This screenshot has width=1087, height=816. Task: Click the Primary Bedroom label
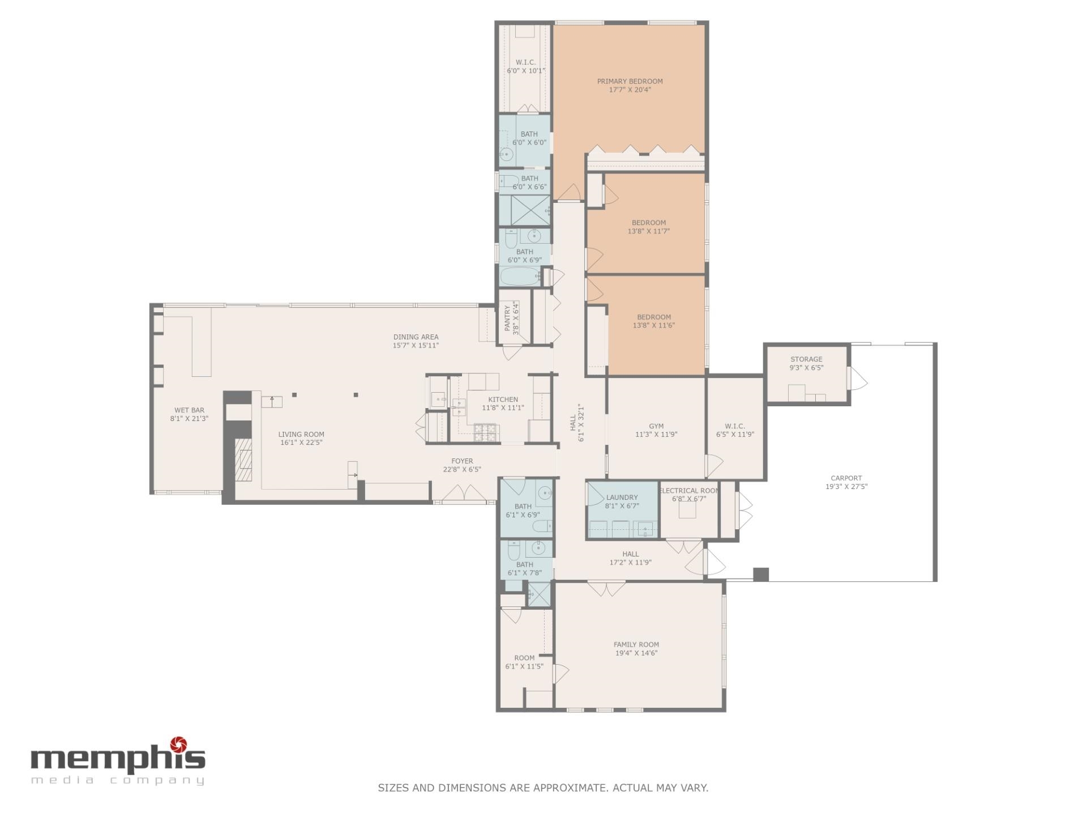[x=630, y=81]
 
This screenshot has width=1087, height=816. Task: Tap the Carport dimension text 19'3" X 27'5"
[x=846, y=486]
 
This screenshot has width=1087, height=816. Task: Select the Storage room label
[x=806, y=359]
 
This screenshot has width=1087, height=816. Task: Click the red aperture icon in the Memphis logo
[x=179, y=743]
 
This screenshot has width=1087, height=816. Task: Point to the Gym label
[x=656, y=426]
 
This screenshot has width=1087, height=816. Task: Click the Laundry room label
[x=622, y=498]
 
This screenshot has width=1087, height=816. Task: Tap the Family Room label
[x=636, y=644]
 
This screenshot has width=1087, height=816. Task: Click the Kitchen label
[x=503, y=399]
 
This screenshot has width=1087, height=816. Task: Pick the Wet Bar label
[x=189, y=410]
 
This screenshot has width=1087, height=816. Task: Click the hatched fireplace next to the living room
[x=244, y=459]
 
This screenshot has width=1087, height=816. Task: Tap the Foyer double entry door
[x=464, y=494]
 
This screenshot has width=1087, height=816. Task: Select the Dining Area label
[x=416, y=337]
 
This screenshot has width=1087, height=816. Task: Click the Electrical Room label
[x=689, y=491]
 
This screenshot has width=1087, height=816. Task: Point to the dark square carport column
[x=761, y=574]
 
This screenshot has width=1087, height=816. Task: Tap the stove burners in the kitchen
[x=485, y=432]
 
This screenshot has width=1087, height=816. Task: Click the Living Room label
[x=301, y=435]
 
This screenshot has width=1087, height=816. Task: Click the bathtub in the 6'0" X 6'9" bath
[x=519, y=278]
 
